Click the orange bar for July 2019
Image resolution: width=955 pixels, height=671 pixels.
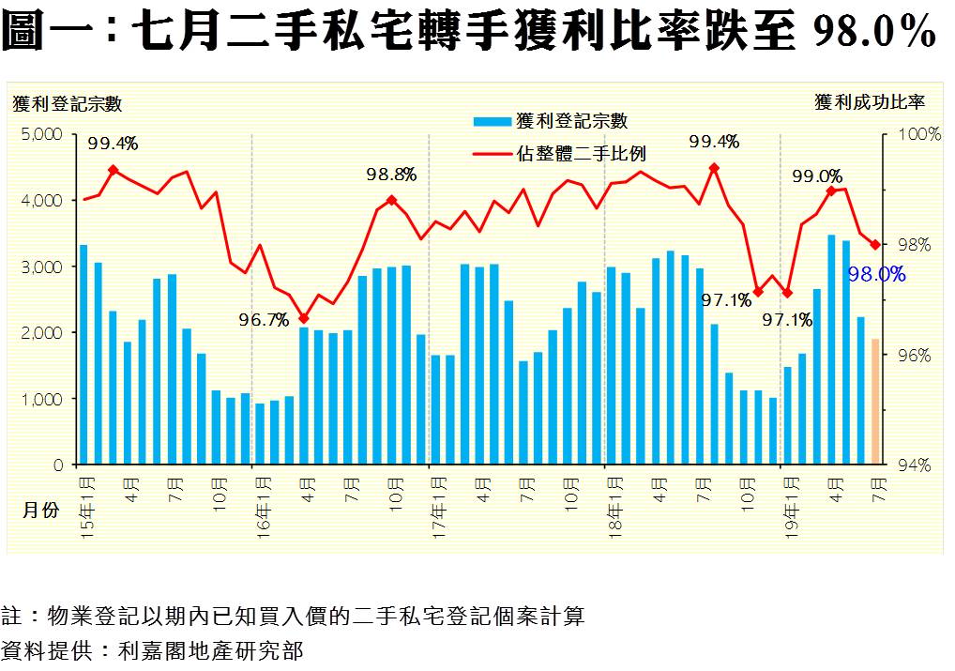[875, 402]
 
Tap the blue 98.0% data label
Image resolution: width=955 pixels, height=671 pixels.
[876, 274]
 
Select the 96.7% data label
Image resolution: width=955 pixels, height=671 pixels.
[263, 320]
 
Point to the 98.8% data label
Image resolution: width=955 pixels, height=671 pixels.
[391, 175]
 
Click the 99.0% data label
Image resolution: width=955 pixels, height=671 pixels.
[817, 176]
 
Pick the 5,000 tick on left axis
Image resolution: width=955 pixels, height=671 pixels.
[41, 134]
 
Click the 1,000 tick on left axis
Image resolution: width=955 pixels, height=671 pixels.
[41, 399]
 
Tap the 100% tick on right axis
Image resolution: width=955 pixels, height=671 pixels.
[919, 134]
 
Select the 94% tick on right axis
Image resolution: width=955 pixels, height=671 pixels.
[919, 465]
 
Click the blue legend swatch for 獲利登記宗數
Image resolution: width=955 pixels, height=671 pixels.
[492, 121]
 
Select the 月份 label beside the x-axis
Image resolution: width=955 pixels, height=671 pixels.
[40, 510]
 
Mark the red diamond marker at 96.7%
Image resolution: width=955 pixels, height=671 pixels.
[303, 318]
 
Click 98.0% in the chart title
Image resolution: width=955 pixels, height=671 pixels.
[873, 33]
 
